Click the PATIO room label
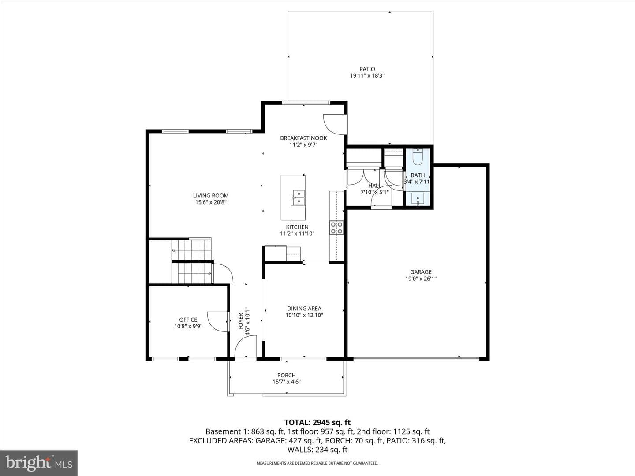[x=367, y=69]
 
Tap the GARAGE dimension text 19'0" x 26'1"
[x=421, y=279]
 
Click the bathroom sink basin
[x=418, y=199]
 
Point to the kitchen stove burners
[x=336, y=228]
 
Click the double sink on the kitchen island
[x=299, y=197]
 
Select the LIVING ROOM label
[x=211, y=196]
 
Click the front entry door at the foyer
[x=246, y=347]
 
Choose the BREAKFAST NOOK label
[x=303, y=138]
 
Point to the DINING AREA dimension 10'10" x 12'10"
[x=304, y=315]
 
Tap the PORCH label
[x=286, y=375]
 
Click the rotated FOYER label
[x=241, y=321]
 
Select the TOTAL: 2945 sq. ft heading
[x=317, y=423]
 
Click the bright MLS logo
[x=39, y=463]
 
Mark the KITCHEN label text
[x=297, y=227]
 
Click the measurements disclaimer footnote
[x=317, y=463]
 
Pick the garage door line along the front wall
[x=416, y=359]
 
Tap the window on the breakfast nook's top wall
[x=306, y=103]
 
